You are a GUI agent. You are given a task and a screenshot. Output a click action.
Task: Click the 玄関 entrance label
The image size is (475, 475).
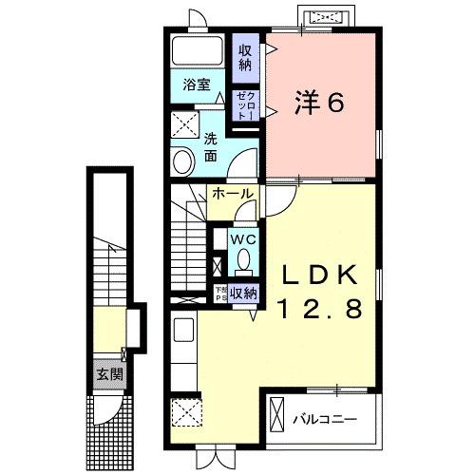[108, 373]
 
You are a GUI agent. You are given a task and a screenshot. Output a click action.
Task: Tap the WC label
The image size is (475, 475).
[244, 237]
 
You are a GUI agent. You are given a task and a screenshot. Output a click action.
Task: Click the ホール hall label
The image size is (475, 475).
[233, 194]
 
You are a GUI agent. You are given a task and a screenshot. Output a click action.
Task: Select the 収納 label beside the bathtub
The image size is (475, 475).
[245, 57]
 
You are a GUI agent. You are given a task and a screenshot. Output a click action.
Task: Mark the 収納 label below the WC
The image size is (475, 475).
[243, 293]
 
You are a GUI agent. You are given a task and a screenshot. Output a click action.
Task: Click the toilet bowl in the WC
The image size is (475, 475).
[243, 257]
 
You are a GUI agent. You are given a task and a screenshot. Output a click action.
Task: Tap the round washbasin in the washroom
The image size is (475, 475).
[182, 161]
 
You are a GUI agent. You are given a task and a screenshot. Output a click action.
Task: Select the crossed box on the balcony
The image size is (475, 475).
[277, 415]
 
